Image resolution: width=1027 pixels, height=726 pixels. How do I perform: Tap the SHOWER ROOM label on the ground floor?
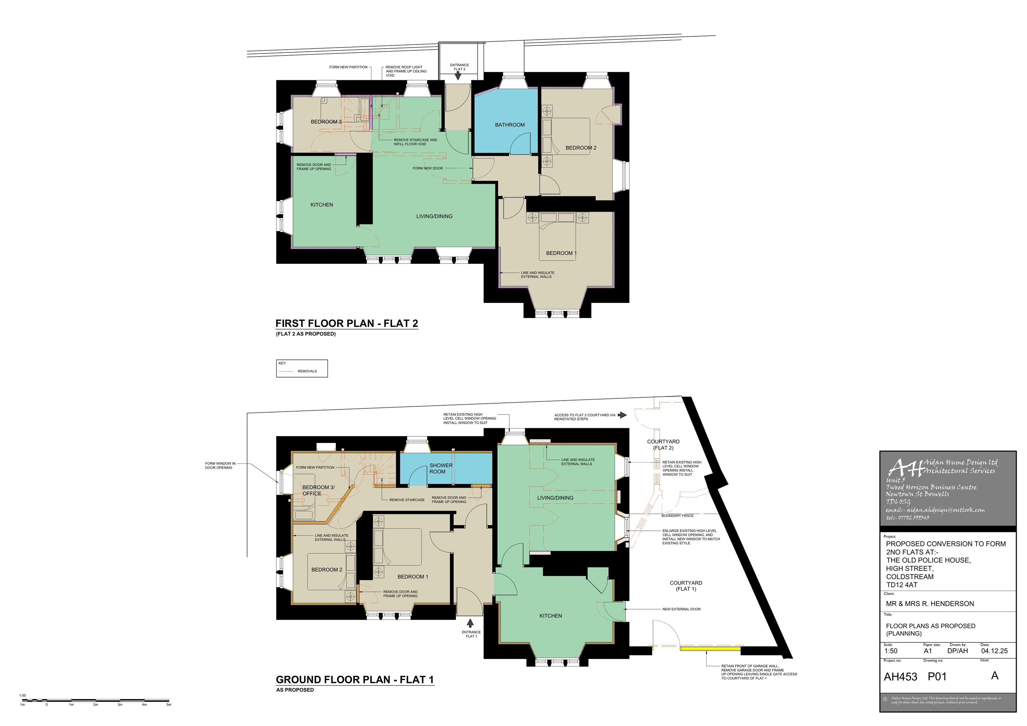pos(441,468)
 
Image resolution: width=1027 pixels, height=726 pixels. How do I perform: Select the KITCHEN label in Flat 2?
pos(321,205)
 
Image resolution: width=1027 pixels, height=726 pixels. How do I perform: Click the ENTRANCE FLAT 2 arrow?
pos(458,76)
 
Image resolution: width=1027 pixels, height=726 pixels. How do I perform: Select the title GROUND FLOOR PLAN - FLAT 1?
pos(355,679)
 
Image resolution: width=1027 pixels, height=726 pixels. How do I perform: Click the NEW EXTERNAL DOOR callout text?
pos(681,609)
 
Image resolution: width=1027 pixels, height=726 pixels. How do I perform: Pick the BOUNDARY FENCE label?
pos(677,516)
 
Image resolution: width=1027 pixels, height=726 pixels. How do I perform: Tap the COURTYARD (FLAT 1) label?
pos(686,586)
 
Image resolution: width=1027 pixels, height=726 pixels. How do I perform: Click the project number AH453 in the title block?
pos(900,677)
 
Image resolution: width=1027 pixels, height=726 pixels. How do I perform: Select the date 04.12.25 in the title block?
pos(994,651)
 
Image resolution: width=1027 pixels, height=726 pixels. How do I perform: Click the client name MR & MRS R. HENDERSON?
pos(929,604)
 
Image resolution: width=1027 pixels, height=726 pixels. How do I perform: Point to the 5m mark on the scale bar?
pos(169,700)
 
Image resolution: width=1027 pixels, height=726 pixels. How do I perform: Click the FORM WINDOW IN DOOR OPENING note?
pos(220,466)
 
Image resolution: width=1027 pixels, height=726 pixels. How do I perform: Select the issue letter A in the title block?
pos(994,675)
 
